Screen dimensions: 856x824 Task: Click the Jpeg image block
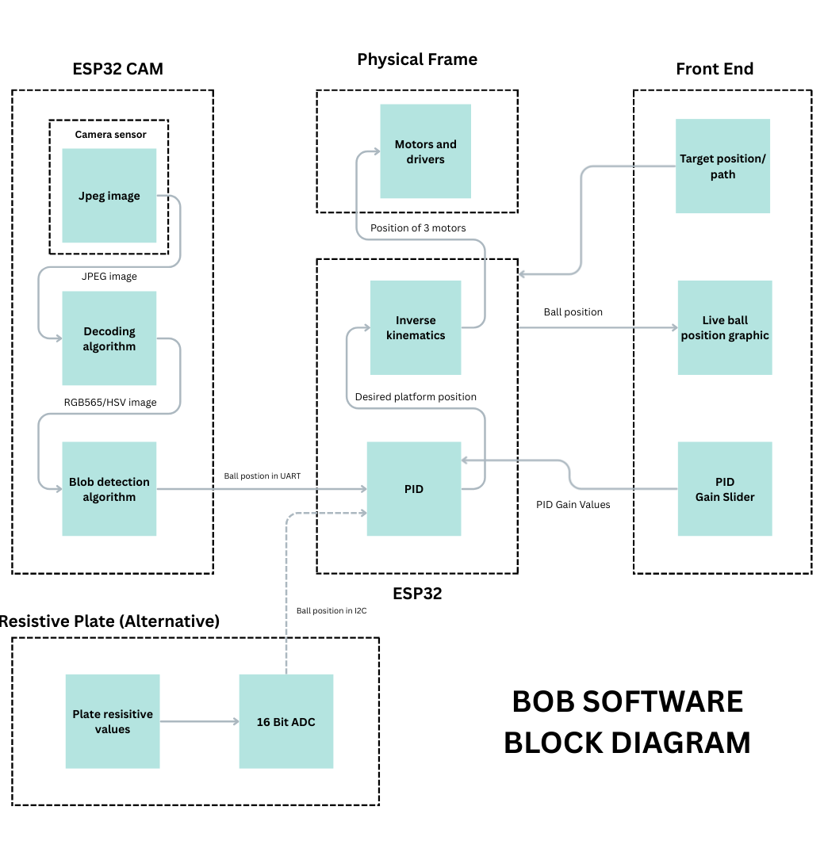[109, 196]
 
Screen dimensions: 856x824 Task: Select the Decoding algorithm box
[109, 338]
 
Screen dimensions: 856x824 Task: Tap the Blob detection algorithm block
[109, 489]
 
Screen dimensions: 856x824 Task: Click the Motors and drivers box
[425, 151]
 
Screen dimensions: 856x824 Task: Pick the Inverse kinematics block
[416, 327]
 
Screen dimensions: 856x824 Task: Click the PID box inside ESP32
[413, 489]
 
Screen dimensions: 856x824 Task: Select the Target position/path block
[722, 166]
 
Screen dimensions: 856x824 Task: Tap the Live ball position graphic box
[725, 327]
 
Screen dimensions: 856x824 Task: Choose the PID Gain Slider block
[725, 489]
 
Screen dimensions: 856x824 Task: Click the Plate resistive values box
[113, 721]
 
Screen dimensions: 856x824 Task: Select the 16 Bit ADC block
[286, 721]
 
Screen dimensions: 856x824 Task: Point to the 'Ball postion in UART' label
[262, 476]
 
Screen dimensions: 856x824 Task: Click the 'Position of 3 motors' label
[418, 228]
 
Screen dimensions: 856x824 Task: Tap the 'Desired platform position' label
[416, 396]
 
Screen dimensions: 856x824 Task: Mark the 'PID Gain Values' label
[573, 504]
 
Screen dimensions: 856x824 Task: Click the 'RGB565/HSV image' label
[110, 403]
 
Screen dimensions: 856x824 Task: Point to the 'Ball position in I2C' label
[332, 610]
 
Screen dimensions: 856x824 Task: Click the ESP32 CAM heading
[117, 69]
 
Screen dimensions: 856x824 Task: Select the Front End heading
[714, 69]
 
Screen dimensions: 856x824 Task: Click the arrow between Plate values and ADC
[199, 721]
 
